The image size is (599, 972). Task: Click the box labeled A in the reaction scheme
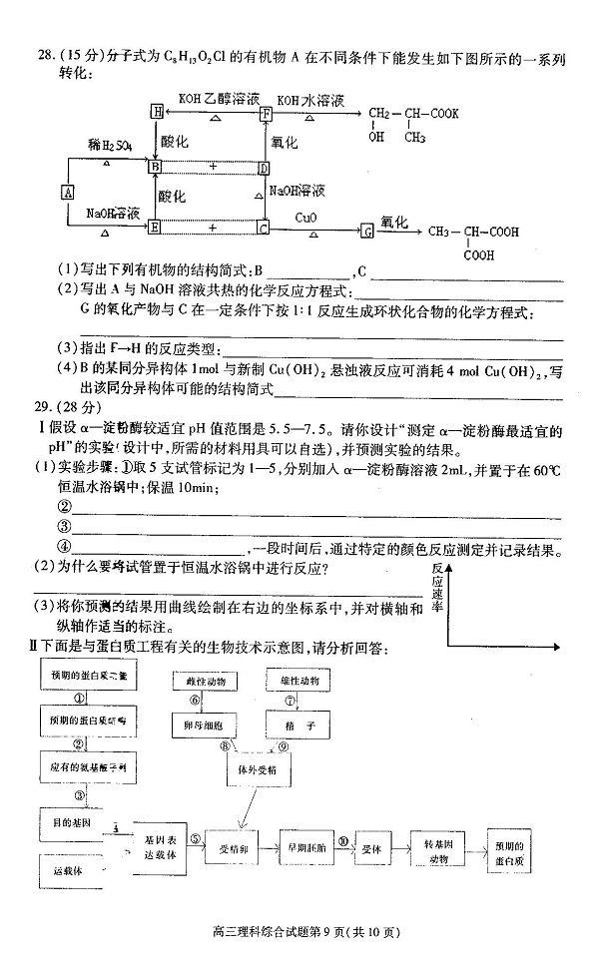click(x=68, y=192)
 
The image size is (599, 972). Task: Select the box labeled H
click(x=156, y=113)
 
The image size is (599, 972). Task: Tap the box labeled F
click(x=266, y=114)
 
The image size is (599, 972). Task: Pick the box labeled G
click(x=366, y=231)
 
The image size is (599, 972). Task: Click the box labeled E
click(x=155, y=227)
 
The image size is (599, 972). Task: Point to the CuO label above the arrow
click(x=307, y=216)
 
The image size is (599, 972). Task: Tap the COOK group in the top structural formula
click(x=444, y=113)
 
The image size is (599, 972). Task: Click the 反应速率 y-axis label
click(x=437, y=587)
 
